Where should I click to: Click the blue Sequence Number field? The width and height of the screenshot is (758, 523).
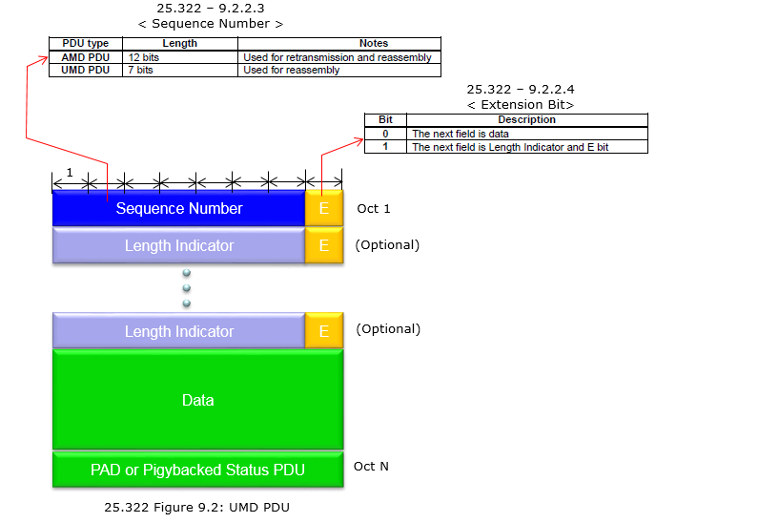tap(179, 208)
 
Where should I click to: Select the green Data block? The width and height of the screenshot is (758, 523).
tap(197, 400)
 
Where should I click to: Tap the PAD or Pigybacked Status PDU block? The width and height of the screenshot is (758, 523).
tap(197, 470)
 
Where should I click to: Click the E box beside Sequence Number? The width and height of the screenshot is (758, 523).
tap(324, 208)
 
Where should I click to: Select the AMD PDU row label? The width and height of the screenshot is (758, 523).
tap(86, 57)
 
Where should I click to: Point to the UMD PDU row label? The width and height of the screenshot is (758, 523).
tap(86, 70)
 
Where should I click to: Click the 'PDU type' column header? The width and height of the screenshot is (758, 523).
tap(86, 43)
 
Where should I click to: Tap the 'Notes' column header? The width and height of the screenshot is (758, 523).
tap(374, 43)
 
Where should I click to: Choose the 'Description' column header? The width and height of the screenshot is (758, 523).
tap(527, 119)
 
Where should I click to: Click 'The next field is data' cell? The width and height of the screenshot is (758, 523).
tap(461, 134)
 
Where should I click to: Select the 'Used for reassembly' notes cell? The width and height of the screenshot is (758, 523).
tap(292, 70)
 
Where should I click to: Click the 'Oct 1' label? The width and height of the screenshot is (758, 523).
tap(373, 208)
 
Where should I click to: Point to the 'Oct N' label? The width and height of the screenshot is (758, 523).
tap(371, 466)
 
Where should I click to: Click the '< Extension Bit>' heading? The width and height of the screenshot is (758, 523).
tap(521, 104)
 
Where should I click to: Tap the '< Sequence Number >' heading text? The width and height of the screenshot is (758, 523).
tap(211, 23)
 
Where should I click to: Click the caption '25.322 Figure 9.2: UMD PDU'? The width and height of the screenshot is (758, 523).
tap(196, 507)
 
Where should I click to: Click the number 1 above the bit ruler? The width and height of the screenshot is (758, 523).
tap(70, 172)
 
